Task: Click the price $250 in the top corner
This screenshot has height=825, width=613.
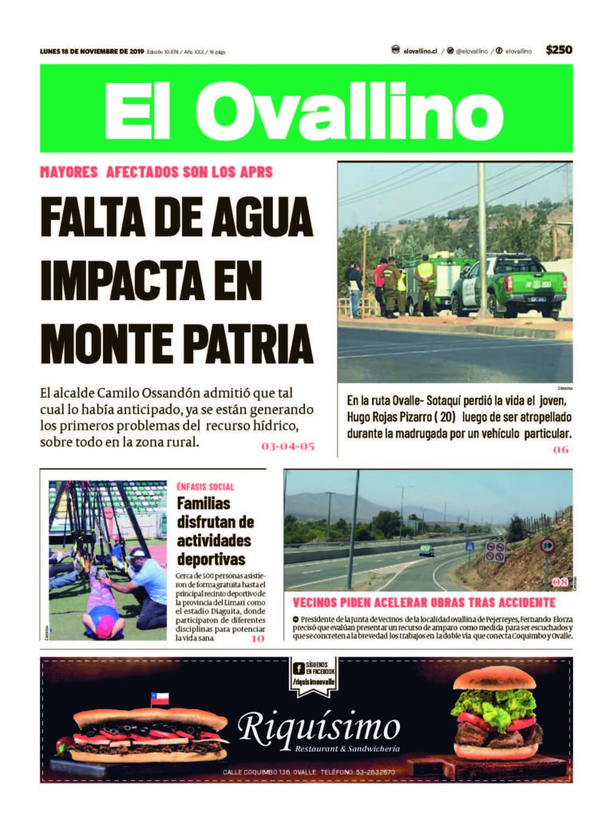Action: click(x=559, y=50)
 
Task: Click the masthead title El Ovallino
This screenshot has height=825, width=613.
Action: click(x=306, y=109)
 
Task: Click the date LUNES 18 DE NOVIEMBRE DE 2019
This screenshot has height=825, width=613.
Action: click(x=91, y=51)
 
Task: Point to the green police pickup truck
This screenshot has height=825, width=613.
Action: click(x=508, y=287)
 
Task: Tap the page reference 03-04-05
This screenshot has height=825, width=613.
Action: click(x=288, y=446)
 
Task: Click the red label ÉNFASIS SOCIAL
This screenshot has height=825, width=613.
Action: click(x=206, y=486)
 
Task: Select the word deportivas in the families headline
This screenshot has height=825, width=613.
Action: click(x=211, y=559)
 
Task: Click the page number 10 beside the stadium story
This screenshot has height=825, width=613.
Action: click(x=258, y=638)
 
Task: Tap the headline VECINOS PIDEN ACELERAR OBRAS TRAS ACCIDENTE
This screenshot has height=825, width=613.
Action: click(x=424, y=602)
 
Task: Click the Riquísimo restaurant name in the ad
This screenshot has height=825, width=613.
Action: click(x=319, y=728)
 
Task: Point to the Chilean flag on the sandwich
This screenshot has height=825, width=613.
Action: click(x=160, y=700)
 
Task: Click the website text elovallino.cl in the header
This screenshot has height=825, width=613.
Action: click(x=419, y=50)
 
